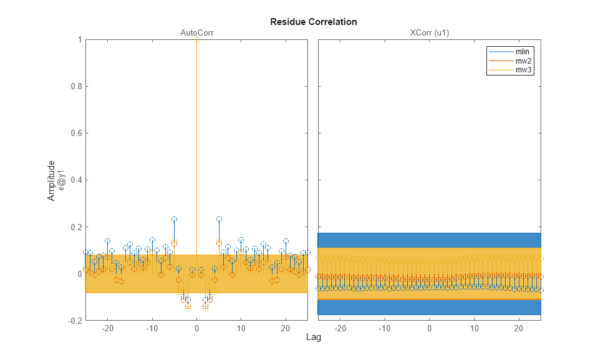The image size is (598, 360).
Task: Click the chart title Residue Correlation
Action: point(313,22)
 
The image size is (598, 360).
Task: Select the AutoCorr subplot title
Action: point(196,33)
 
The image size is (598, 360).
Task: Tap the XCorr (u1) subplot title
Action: point(429,33)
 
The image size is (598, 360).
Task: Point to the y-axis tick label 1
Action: point(79,40)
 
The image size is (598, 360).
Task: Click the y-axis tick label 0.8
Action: point(75,87)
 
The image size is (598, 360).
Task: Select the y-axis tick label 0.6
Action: point(75,134)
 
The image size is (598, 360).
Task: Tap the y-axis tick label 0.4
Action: point(75,180)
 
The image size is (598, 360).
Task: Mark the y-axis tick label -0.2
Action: point(74,321)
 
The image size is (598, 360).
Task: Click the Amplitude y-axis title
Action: point(52,180)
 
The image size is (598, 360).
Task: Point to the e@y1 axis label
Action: point(61,180)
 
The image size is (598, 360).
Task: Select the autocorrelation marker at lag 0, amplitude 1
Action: point(196,40)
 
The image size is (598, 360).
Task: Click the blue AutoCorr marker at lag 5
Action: point(219,220)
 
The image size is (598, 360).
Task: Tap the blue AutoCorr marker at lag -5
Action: point(175,220)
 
